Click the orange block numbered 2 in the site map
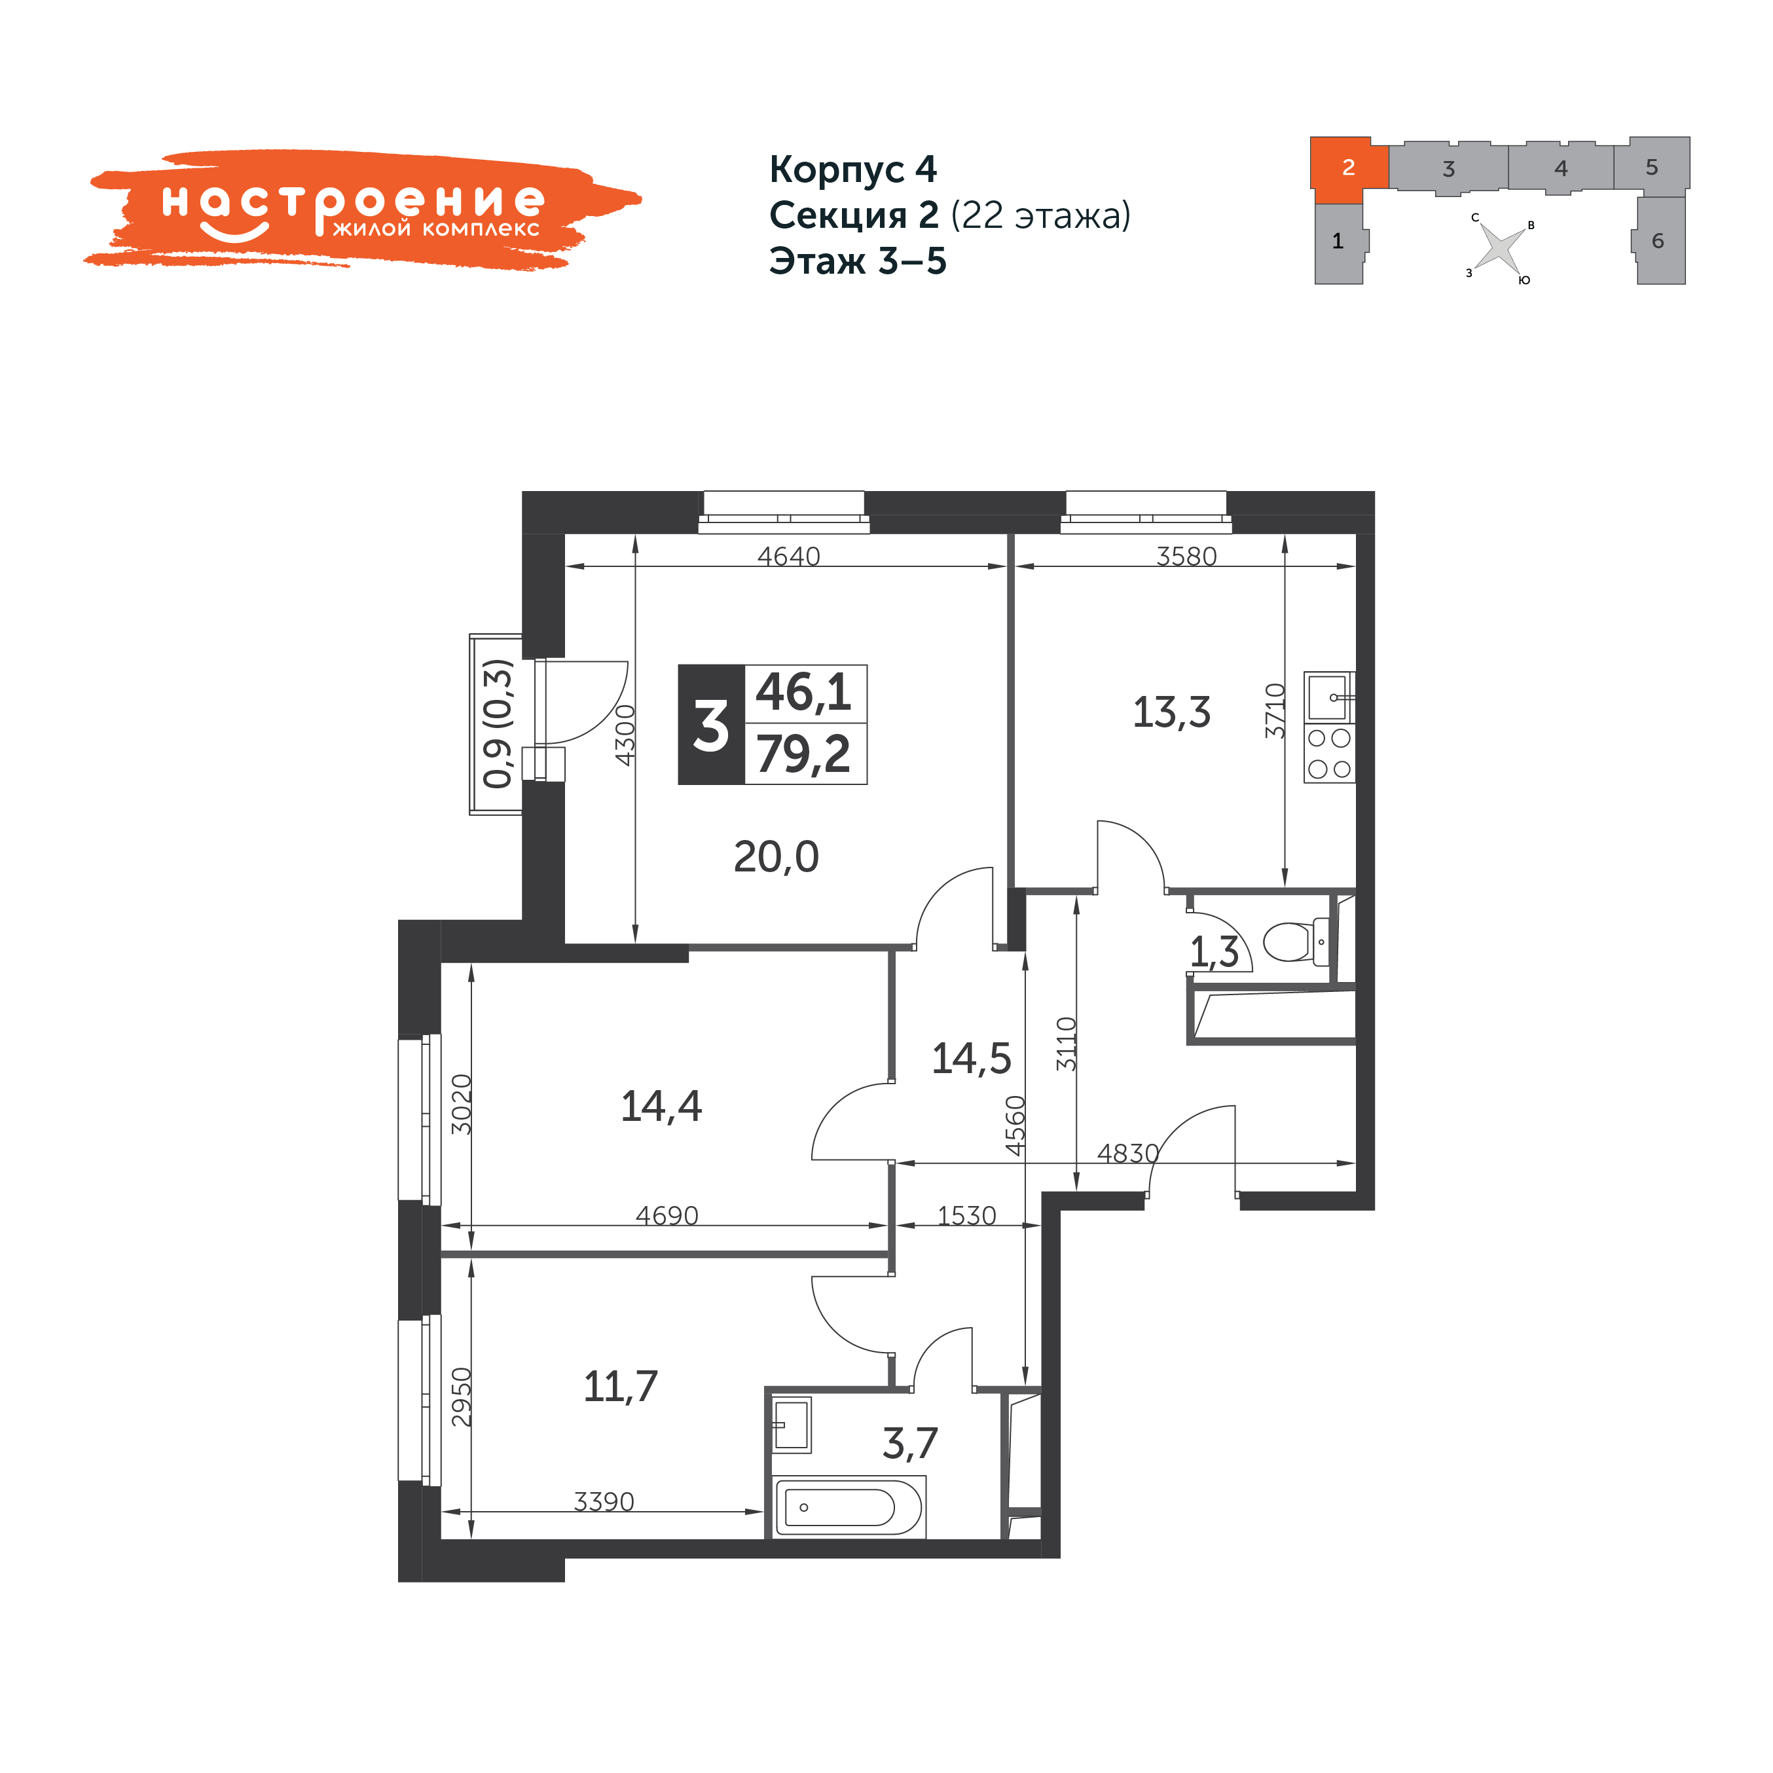coord(1347,169)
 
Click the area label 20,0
coord(777,856)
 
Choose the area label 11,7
coord(621,1387)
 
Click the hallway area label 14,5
coord(971,1059)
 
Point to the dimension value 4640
coord(788,556)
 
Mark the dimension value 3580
coord(1186,556)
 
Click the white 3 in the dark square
coord(711,726)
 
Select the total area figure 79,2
coord(804,754)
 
